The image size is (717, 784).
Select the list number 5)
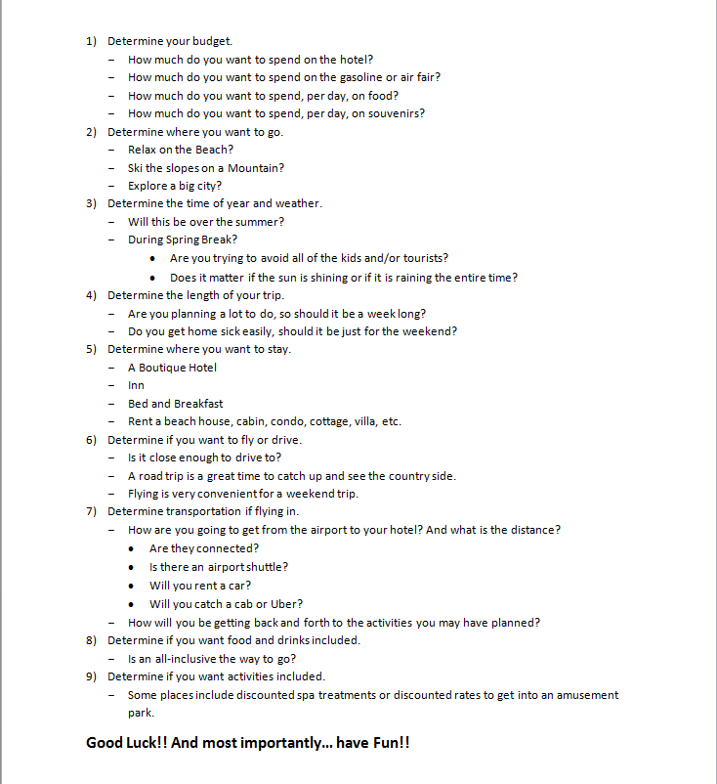click(x=91, y=349)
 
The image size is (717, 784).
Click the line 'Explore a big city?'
click(x=175, y=186)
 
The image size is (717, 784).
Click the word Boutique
click(x=162, y=368)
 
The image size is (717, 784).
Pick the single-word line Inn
click(x=136, y=385)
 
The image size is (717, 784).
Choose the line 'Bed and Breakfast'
click(x=175, y=404)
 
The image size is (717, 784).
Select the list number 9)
click(x=91, y=676)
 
